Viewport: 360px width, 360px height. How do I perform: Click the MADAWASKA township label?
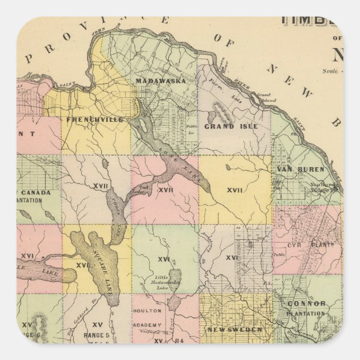[160, 81]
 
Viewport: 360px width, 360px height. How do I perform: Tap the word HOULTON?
[148, 310]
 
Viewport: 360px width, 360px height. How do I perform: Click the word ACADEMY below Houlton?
[148, 325]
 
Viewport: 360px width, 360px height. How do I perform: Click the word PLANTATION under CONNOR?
[306, 314]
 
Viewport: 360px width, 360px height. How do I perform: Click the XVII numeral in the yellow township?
[235, 191]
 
